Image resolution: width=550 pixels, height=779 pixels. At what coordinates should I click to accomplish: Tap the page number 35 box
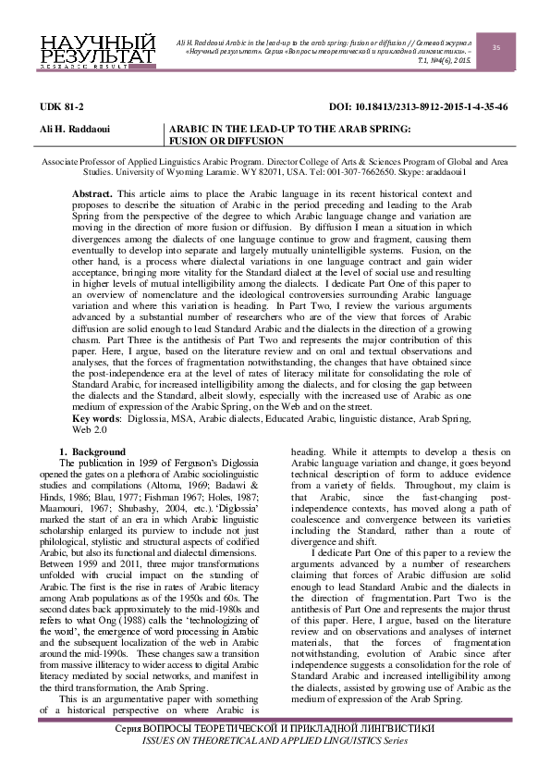[x=495, y=47]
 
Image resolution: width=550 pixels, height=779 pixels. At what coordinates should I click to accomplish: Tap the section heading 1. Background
[x=92, y=451]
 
